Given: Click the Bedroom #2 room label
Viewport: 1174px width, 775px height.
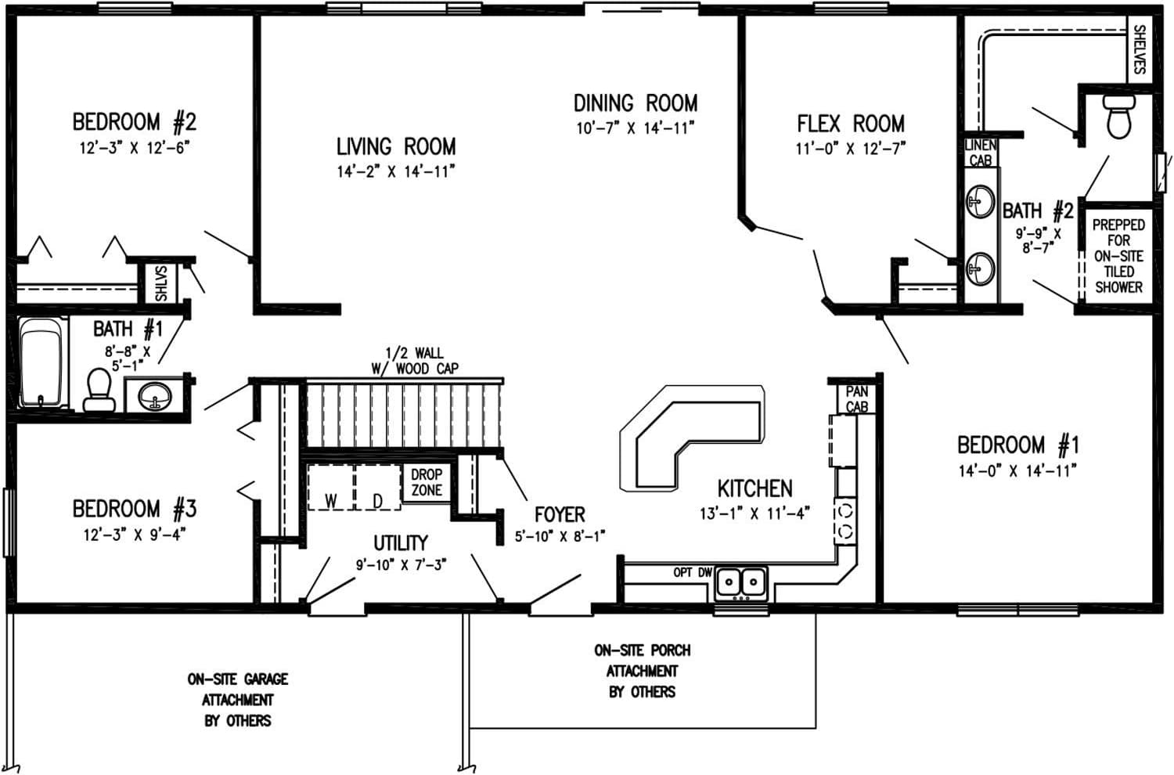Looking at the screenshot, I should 134,122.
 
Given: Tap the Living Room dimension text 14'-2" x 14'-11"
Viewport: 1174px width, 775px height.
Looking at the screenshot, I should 395,171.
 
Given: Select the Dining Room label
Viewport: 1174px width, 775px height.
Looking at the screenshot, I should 635,103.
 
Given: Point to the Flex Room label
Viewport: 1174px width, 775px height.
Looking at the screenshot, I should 850,124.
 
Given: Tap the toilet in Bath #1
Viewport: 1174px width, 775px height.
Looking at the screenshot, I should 99,391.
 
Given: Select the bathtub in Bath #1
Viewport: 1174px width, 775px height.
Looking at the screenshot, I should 41,362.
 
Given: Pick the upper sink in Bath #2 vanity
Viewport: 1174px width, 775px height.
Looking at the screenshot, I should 980,202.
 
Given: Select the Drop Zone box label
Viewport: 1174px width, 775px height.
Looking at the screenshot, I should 427,482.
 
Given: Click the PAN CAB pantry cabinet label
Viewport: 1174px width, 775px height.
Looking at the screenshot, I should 856,398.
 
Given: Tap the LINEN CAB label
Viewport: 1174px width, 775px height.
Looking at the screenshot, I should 980,153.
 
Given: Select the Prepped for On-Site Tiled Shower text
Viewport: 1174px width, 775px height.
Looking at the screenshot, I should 1118,256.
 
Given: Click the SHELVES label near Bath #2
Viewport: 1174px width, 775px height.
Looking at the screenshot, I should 1140,50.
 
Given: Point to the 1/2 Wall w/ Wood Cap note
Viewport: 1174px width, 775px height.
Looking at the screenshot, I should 415,361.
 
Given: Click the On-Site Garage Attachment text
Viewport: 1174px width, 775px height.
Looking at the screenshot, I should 237,699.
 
